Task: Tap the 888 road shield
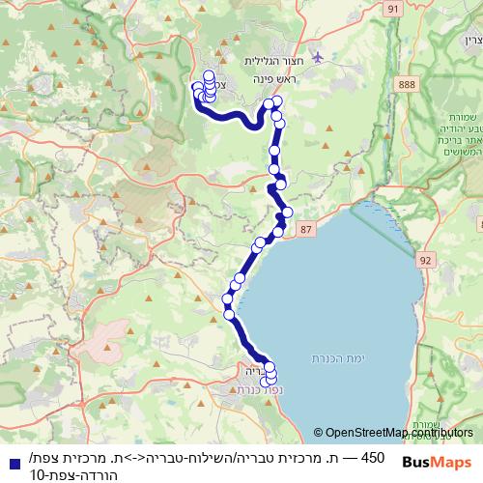pyautogui.click(x=406, y=86)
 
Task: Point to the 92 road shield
pyautogui.click(x=426, y=260)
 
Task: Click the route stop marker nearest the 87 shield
pyautogui.click(x=278, y=231)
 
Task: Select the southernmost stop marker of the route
pyautogui.click(x=267, y=384)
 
